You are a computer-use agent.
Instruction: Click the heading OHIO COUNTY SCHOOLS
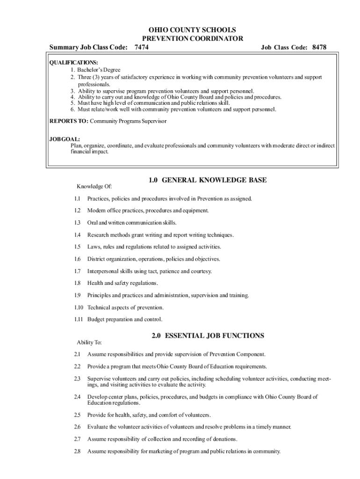192,30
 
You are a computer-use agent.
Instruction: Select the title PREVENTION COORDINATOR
192,38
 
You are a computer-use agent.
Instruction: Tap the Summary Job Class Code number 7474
142,47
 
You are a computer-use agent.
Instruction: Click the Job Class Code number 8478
319,47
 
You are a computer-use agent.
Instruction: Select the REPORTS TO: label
69,121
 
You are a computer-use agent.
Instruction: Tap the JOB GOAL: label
65,139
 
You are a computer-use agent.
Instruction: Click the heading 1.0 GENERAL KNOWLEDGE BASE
208,180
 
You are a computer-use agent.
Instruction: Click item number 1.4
77,235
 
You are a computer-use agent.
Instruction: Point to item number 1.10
78,307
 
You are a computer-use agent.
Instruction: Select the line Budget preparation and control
125,319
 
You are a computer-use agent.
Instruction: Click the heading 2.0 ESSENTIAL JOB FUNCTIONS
208,335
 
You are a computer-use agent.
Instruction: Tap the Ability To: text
89,342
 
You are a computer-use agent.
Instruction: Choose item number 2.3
77,378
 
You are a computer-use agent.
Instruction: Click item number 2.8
77,451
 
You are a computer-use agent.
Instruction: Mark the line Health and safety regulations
122,283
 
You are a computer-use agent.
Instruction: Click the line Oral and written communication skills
132,223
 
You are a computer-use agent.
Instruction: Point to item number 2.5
77,415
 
